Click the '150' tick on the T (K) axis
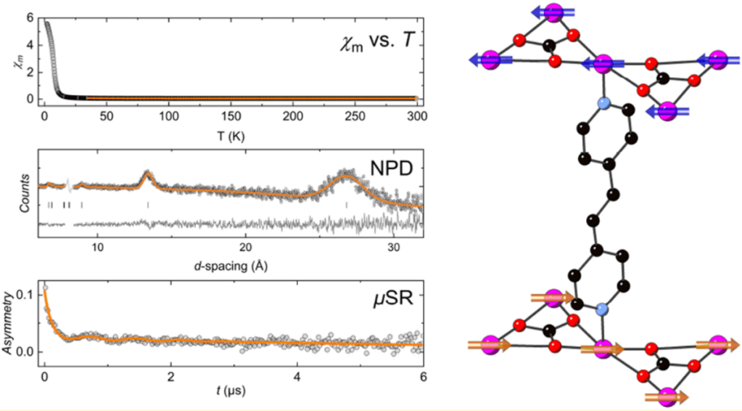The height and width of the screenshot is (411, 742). [x=231, y=116]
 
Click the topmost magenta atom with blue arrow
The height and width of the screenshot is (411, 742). [x=554, y=12]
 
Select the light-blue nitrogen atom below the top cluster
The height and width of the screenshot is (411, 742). [x=602, y=105]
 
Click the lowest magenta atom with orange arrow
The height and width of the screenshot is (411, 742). [x=668, y=396]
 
